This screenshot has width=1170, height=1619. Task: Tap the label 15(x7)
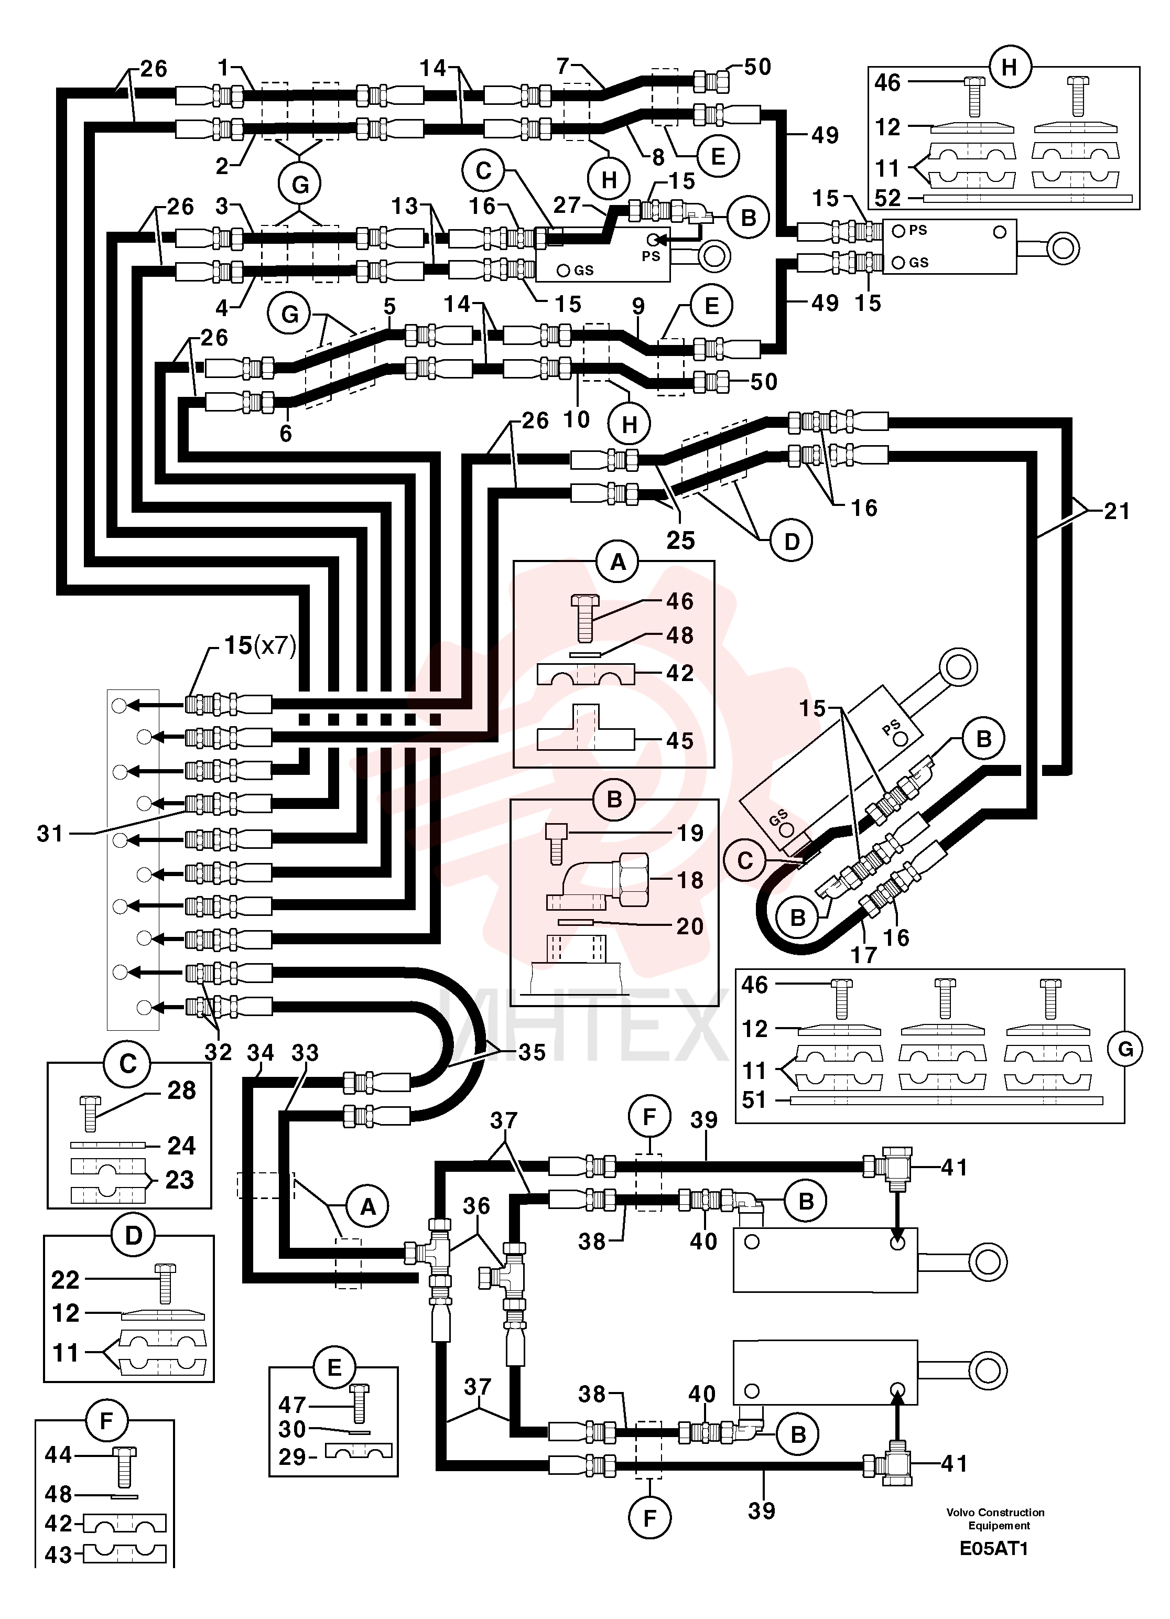coord(260,645)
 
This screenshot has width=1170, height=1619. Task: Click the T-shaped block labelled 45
coord(584,727)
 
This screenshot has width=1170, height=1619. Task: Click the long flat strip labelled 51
coord(945,1100)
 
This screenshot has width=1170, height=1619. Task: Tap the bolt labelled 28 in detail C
coord(90,1114)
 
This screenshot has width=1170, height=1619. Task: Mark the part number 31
coord(50,833)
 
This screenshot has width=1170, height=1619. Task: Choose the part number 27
coord(567,205)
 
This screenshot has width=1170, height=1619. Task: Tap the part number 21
coord(1117,511)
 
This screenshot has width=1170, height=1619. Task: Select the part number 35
coord(532,1052)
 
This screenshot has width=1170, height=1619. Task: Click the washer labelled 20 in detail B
coord(582,922)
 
